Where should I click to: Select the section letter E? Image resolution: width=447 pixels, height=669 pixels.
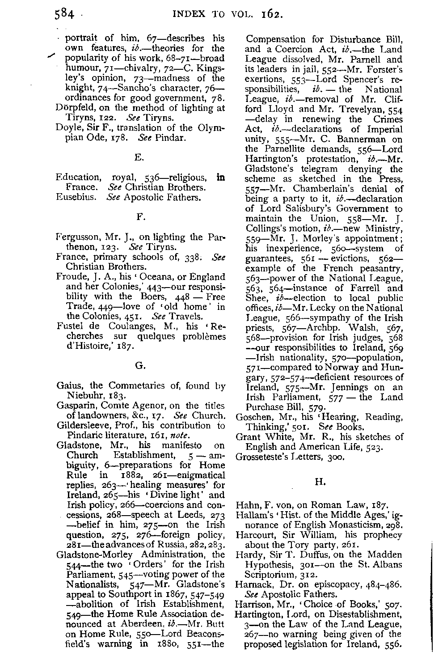138,157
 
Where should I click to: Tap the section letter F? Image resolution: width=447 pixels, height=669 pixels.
139,217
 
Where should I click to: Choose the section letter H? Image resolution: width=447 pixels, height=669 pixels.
319,482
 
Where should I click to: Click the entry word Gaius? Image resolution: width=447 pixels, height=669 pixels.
68,385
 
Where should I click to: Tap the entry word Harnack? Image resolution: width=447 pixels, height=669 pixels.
253,584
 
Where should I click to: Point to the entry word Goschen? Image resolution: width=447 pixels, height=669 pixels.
253,417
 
